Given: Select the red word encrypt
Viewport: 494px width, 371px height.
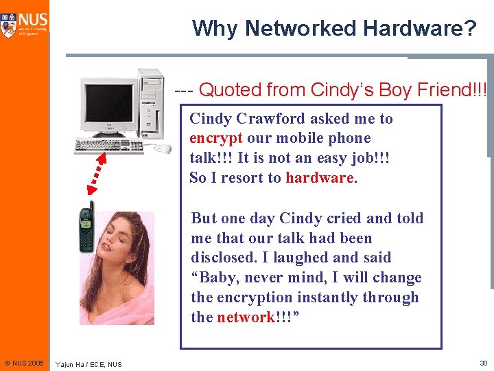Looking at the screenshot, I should pos(215,138).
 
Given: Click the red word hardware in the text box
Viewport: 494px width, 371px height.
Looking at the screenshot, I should pos(319,178).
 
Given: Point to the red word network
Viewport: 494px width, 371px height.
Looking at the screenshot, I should pos(245,317).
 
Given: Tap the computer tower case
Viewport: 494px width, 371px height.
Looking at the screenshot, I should pos(150,103).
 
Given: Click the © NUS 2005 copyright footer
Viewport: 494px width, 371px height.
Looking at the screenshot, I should pos(23,363).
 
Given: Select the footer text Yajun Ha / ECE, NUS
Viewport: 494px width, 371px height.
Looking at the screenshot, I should pos(89,363).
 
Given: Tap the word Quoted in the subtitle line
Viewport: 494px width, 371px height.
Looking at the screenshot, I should pos(230,89).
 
